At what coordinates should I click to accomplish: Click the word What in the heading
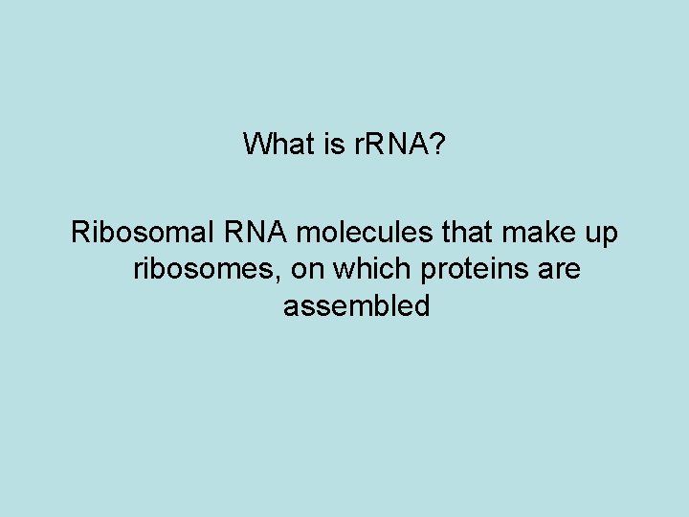(276, 145)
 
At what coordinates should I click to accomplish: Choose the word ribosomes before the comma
(203, 270)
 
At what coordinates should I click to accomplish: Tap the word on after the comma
(306, 271)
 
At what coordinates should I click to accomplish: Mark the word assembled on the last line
(357, 306)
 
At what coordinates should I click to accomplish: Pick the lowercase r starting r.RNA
(352, 146)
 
